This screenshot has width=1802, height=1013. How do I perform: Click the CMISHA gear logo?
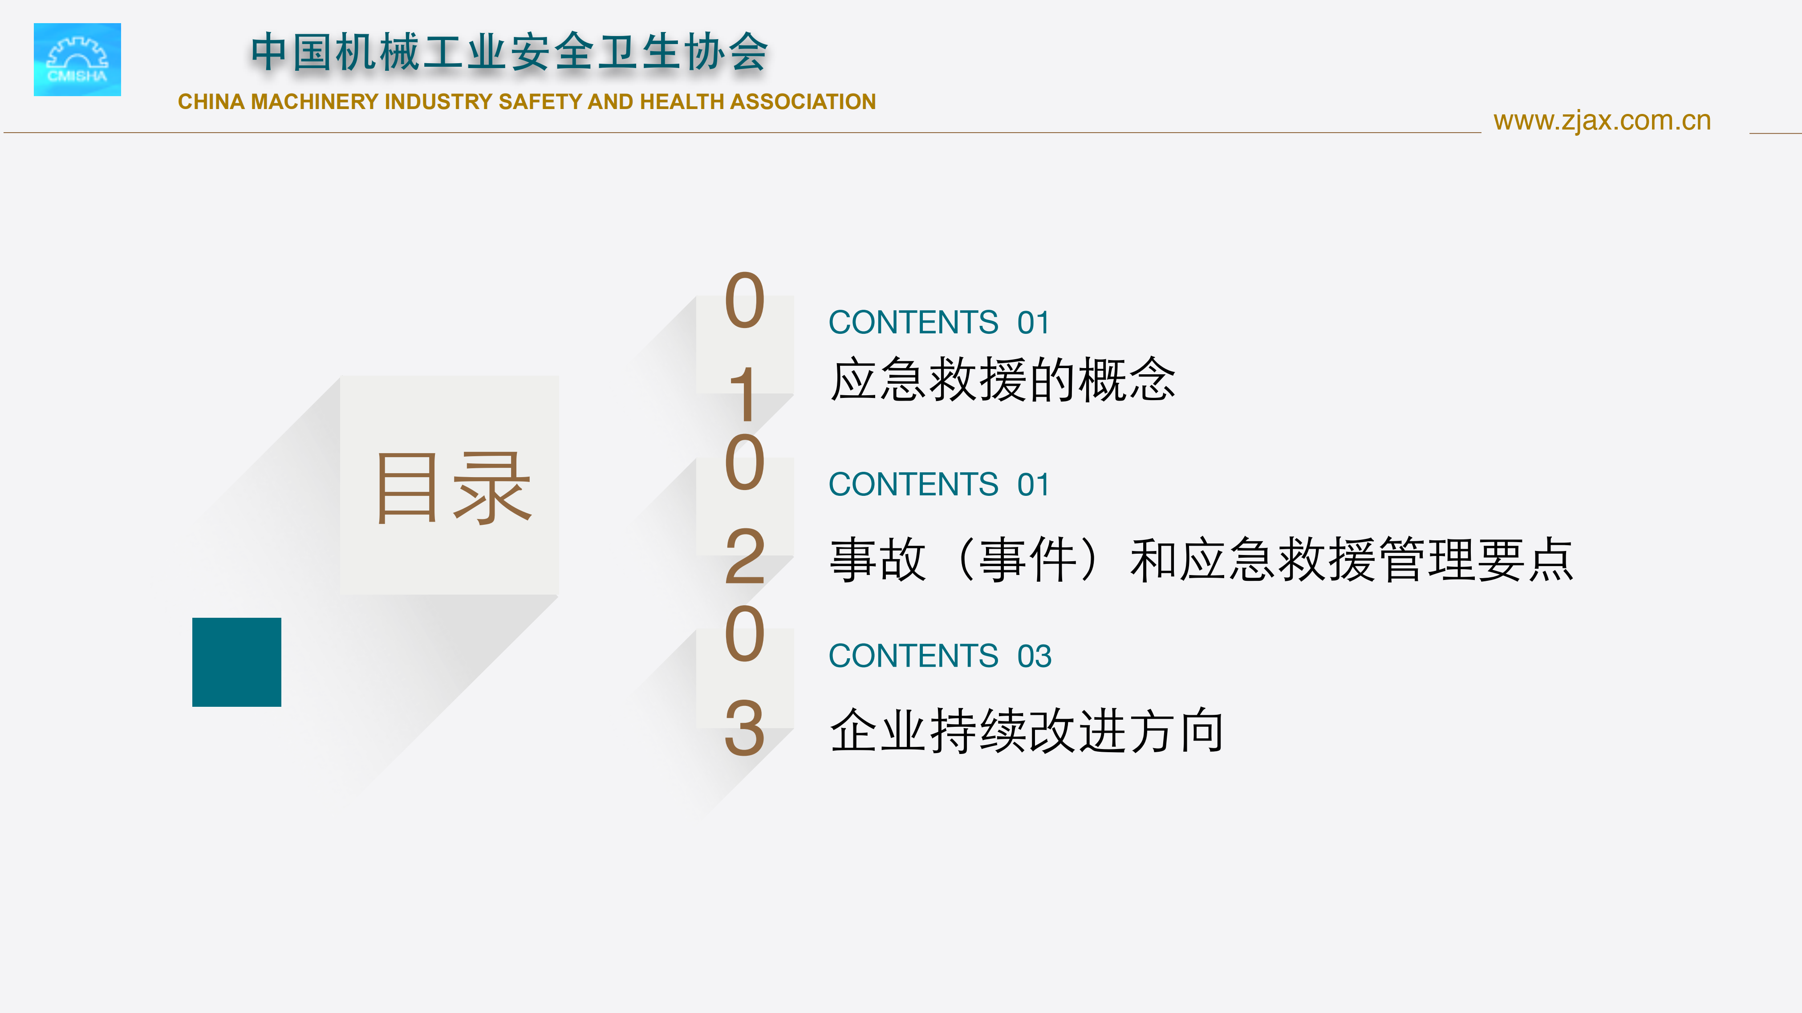pos(77,60)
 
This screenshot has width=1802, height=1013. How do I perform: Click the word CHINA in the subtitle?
pos(211,101)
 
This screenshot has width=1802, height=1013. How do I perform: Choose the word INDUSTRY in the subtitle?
pos(438,101)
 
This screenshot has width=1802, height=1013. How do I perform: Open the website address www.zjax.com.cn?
pos(1602,121)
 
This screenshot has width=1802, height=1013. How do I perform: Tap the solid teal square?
pos(236,662)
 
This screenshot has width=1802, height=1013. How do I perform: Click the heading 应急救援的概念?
pos(1002,379)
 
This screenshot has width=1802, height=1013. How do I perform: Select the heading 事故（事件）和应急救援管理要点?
pos(1201,559)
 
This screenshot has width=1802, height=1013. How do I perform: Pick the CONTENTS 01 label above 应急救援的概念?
pos(939,323)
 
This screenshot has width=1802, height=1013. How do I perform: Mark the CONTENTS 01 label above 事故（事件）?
pos(939,484)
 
